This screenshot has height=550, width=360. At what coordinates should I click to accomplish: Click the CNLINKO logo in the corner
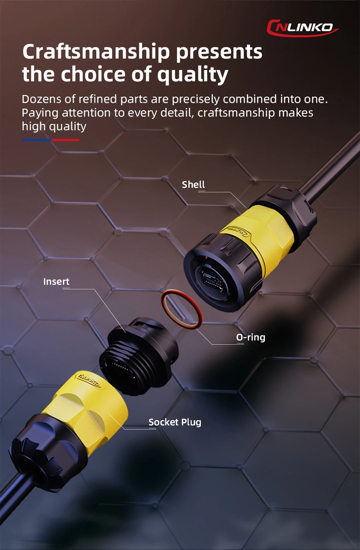pyautogui.click(x=303, y=28)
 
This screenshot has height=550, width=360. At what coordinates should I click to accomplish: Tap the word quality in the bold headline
pyautogui.click(x=192, y=74)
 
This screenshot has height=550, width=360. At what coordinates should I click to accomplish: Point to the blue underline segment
pyautogui.click(x=37, y=140)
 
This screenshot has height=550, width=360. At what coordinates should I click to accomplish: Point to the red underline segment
pyautogui.click(x=65, y=140)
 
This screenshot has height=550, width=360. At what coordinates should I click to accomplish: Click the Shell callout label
pyautogui.click(x=193, y=184)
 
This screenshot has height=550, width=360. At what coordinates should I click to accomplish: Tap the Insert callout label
pyautogui.click(x=56, y=282)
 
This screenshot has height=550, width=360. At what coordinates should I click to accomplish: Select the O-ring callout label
pyautogui.click(x=250, y=338)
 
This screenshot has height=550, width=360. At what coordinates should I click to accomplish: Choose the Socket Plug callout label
pyautogui.click(x=175, y=422)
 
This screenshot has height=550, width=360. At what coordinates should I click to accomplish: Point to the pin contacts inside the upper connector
pyautogui.click(x=214, y=279)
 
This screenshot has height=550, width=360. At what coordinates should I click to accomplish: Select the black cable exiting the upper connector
pyautogui.click(x=331, y=167)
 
